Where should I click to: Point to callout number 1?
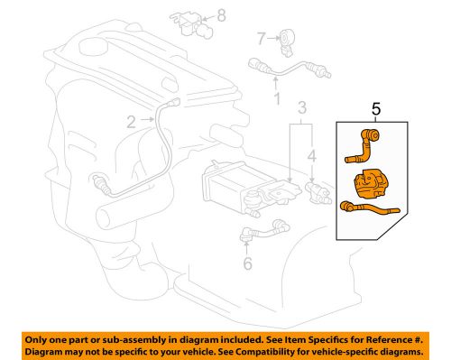[277, 97]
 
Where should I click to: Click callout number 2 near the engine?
[132, 121]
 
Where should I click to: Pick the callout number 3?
[303, 108]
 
